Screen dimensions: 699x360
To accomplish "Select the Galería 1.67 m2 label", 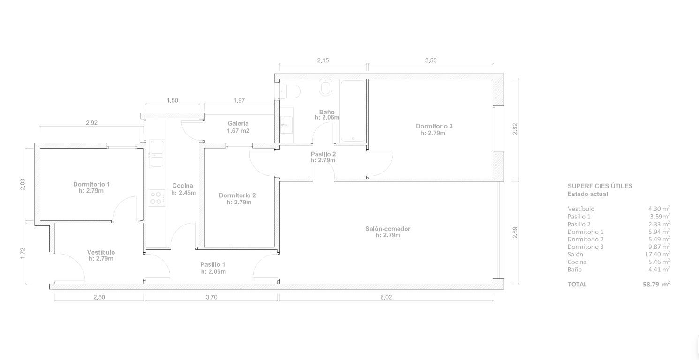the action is pos(238,127).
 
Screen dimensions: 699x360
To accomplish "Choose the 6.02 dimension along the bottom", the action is pos(386,297).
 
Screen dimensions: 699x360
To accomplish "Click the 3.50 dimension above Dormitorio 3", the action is pos(431,60).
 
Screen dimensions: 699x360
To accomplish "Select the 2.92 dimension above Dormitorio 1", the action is pos(92,123).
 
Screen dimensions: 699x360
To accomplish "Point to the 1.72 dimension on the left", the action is pos(23,253).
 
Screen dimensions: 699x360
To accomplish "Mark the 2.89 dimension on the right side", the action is pos(515,232).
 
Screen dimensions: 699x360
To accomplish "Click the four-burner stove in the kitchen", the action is pos(157,198).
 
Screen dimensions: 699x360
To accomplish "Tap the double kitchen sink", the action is pos(157,154).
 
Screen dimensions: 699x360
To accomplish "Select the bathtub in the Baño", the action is pos(353,111).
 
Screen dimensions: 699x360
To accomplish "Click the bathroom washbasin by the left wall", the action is pos(286,125).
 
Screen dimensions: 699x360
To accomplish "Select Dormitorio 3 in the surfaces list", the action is pos(586,247).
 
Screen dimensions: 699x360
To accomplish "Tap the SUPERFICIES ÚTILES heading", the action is pos(600,186).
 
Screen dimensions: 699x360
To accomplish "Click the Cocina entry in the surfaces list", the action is pos(577,262).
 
